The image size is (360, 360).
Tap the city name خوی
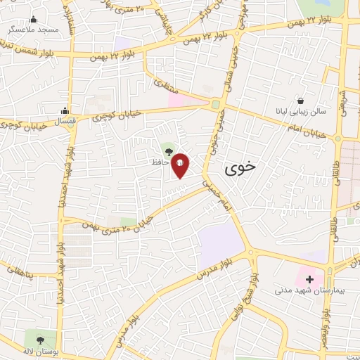tap(241, 168)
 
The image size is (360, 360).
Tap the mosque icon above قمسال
tap(65, 110)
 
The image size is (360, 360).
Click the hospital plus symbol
tap(309, 278)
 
